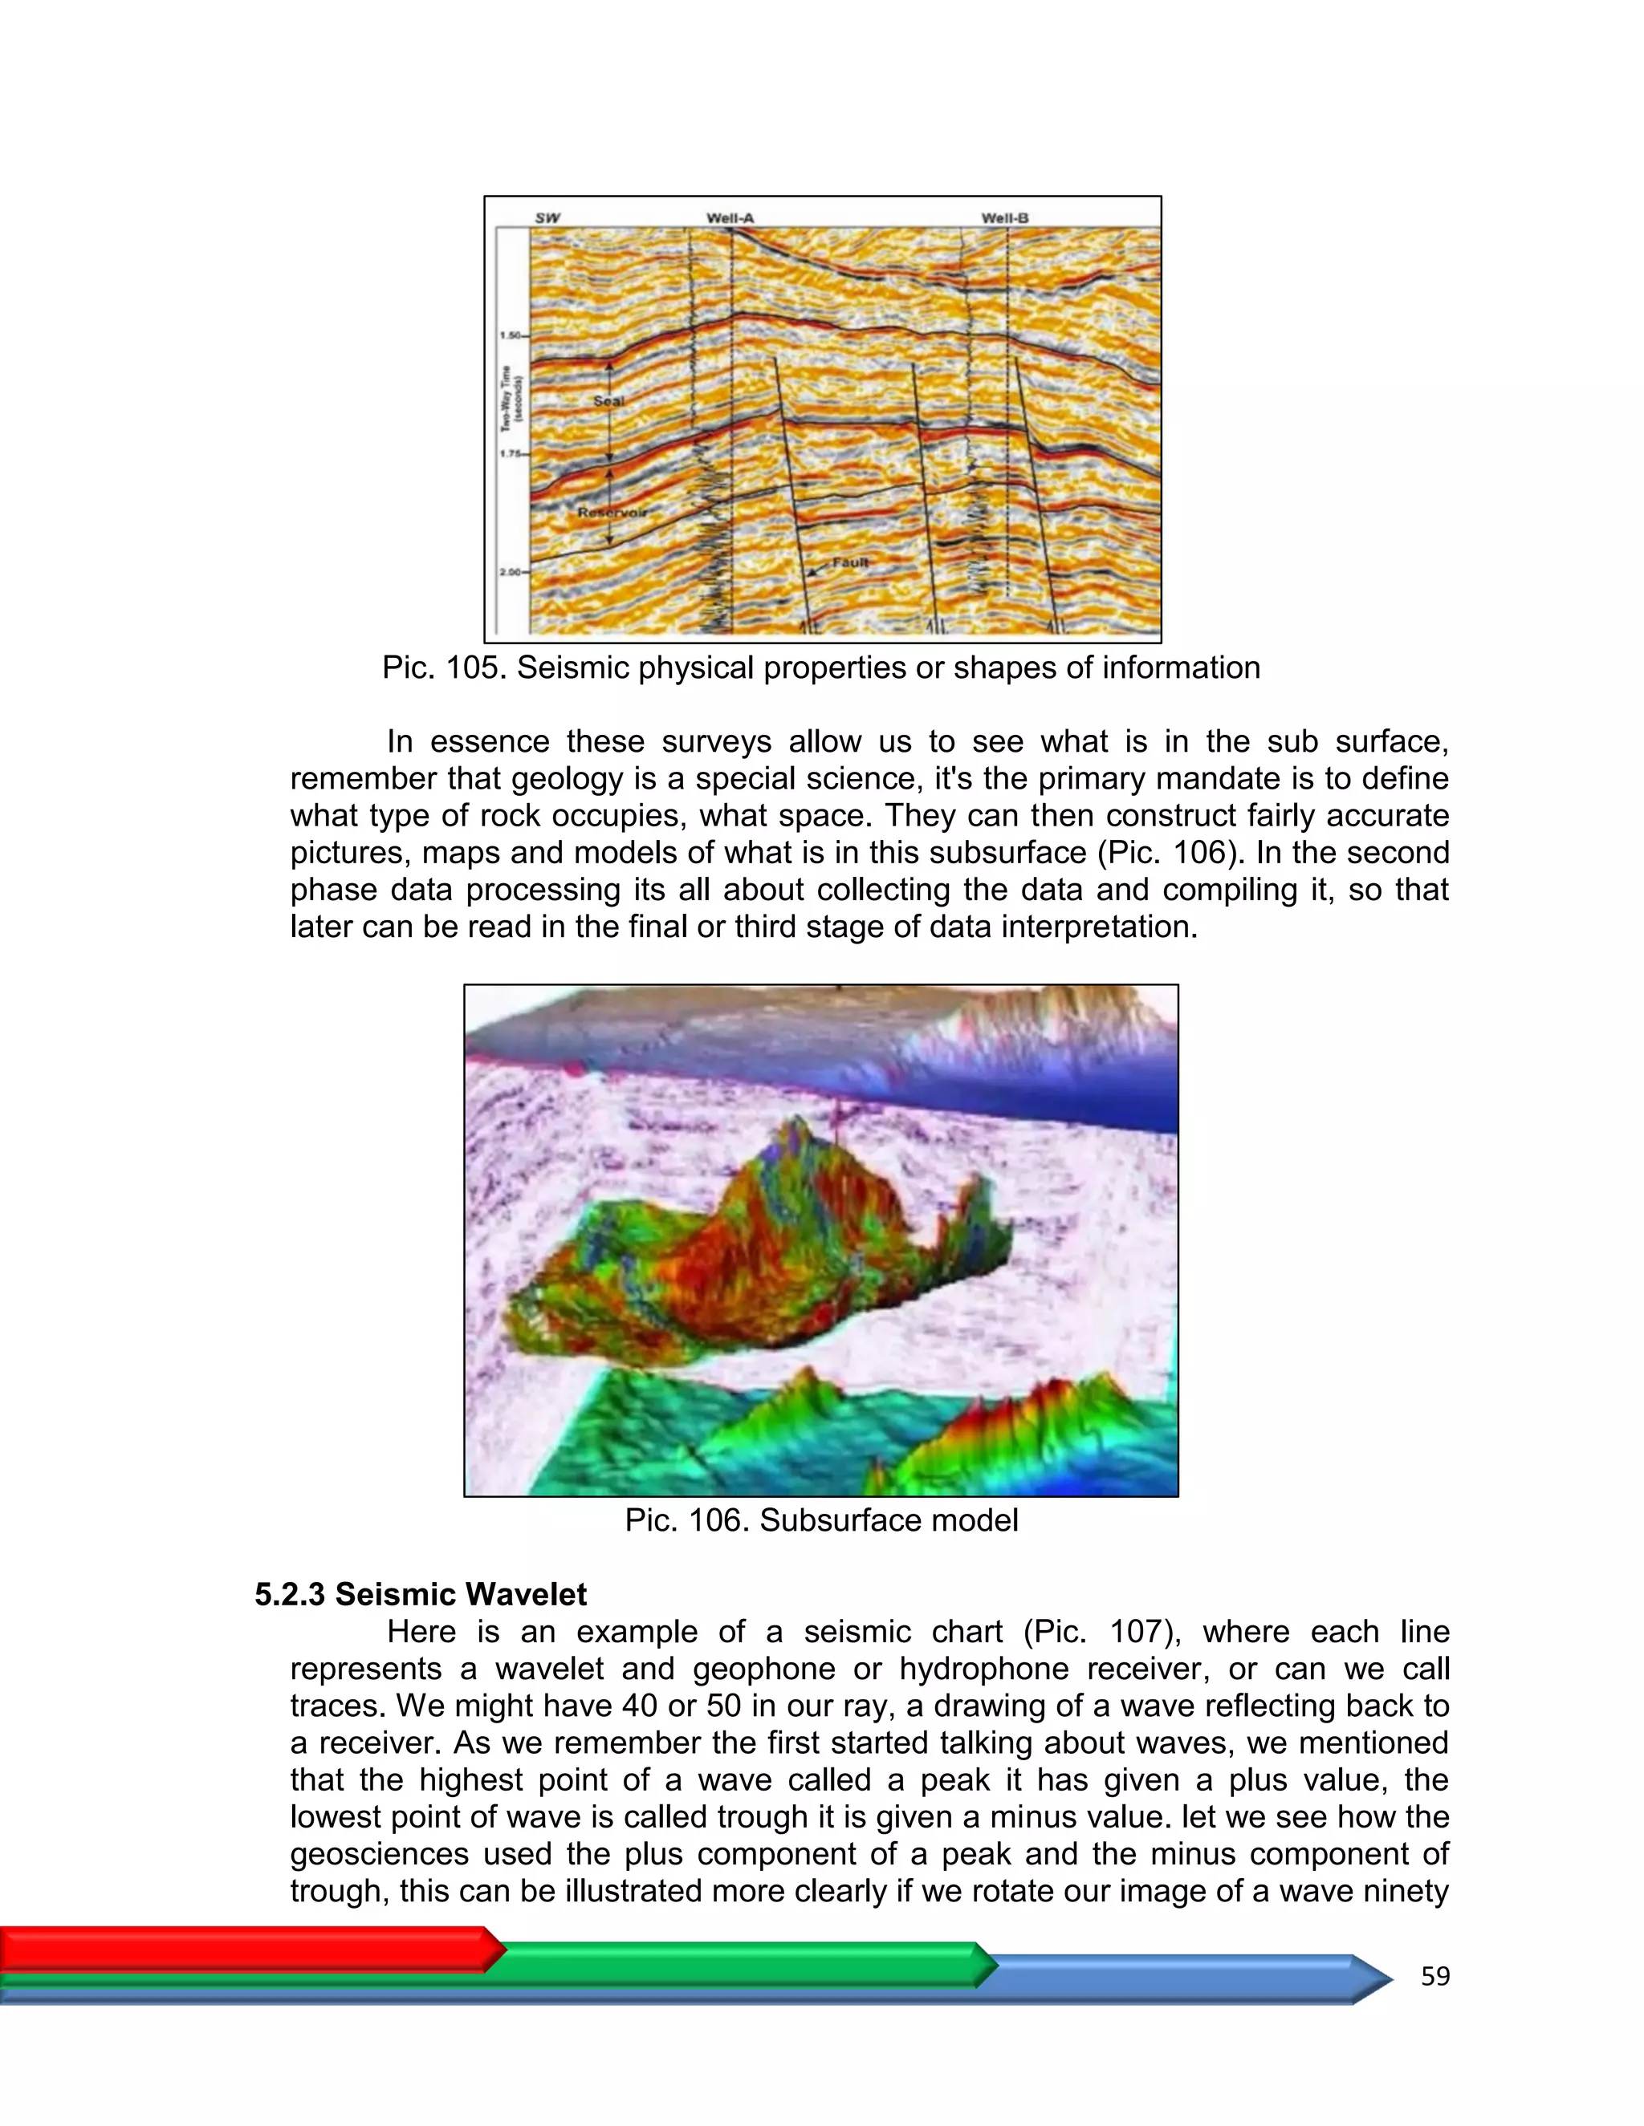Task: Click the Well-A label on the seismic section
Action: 730,218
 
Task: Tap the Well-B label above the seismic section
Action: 1004,218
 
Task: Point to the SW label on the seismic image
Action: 547,218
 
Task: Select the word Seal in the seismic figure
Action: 608,401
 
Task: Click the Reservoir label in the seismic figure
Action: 612,512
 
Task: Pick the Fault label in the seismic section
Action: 849,562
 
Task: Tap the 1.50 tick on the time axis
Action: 511,335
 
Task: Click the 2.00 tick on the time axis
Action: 511,572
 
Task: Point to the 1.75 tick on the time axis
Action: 511,453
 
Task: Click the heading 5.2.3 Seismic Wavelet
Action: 421,1595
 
